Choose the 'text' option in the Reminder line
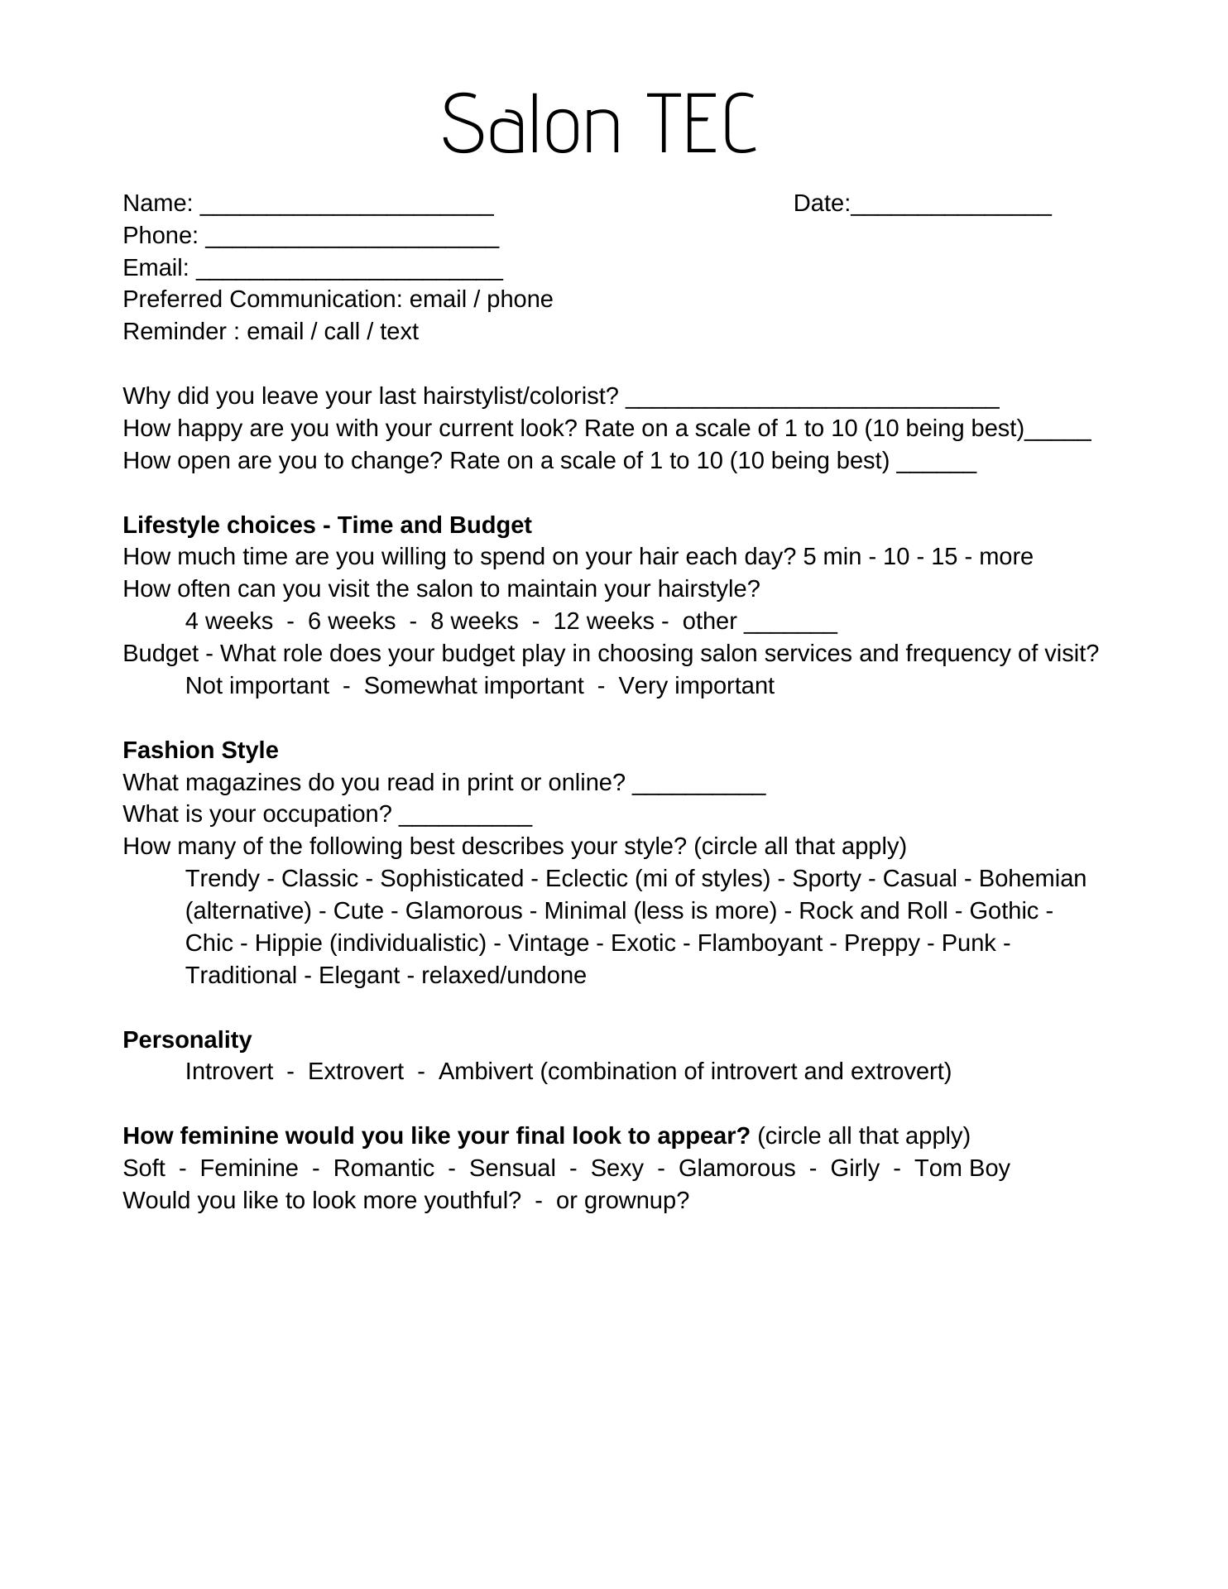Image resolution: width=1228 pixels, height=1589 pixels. (x=399, y=332)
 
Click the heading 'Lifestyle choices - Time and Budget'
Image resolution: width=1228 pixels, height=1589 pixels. (x=327, y=526)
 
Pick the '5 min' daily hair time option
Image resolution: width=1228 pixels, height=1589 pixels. (x=832, y=557)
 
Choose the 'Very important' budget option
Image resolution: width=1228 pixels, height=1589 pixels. (x=696, y=686)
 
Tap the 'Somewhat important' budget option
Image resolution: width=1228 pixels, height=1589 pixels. (x=473, y=686)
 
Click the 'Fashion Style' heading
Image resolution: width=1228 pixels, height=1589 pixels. (x=200, y=751)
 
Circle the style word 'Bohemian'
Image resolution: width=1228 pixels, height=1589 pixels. (x=1032, y=879)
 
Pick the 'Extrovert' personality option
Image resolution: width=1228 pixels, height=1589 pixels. (x=356, y=1072)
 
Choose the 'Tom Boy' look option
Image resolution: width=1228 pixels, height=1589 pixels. (x=962, y=1169)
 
